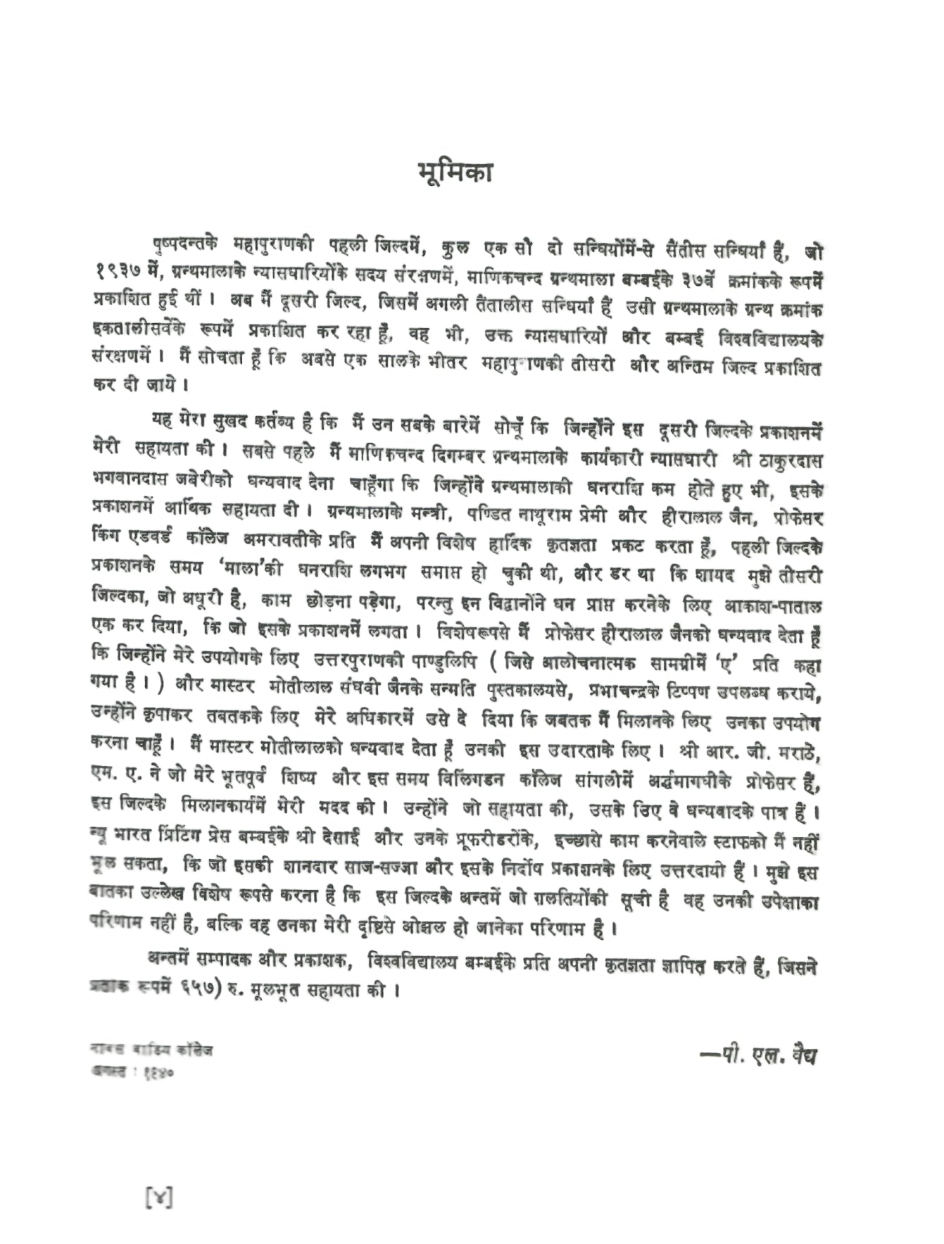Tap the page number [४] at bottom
(x=158, y=1197)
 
